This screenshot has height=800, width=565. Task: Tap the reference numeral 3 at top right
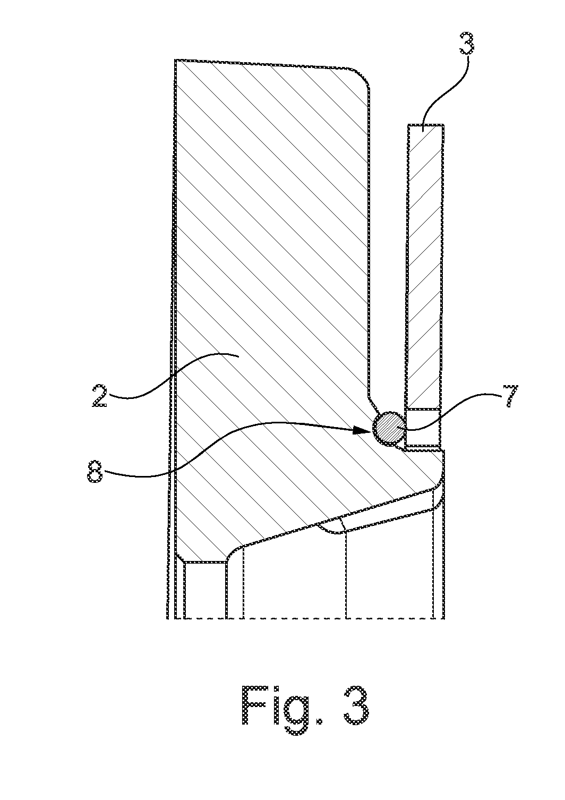click(466, 43)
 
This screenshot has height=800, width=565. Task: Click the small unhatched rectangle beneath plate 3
click(423, 427)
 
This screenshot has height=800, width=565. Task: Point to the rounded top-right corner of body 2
click(361, 77)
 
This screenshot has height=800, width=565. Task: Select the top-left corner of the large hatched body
click(175, 60)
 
